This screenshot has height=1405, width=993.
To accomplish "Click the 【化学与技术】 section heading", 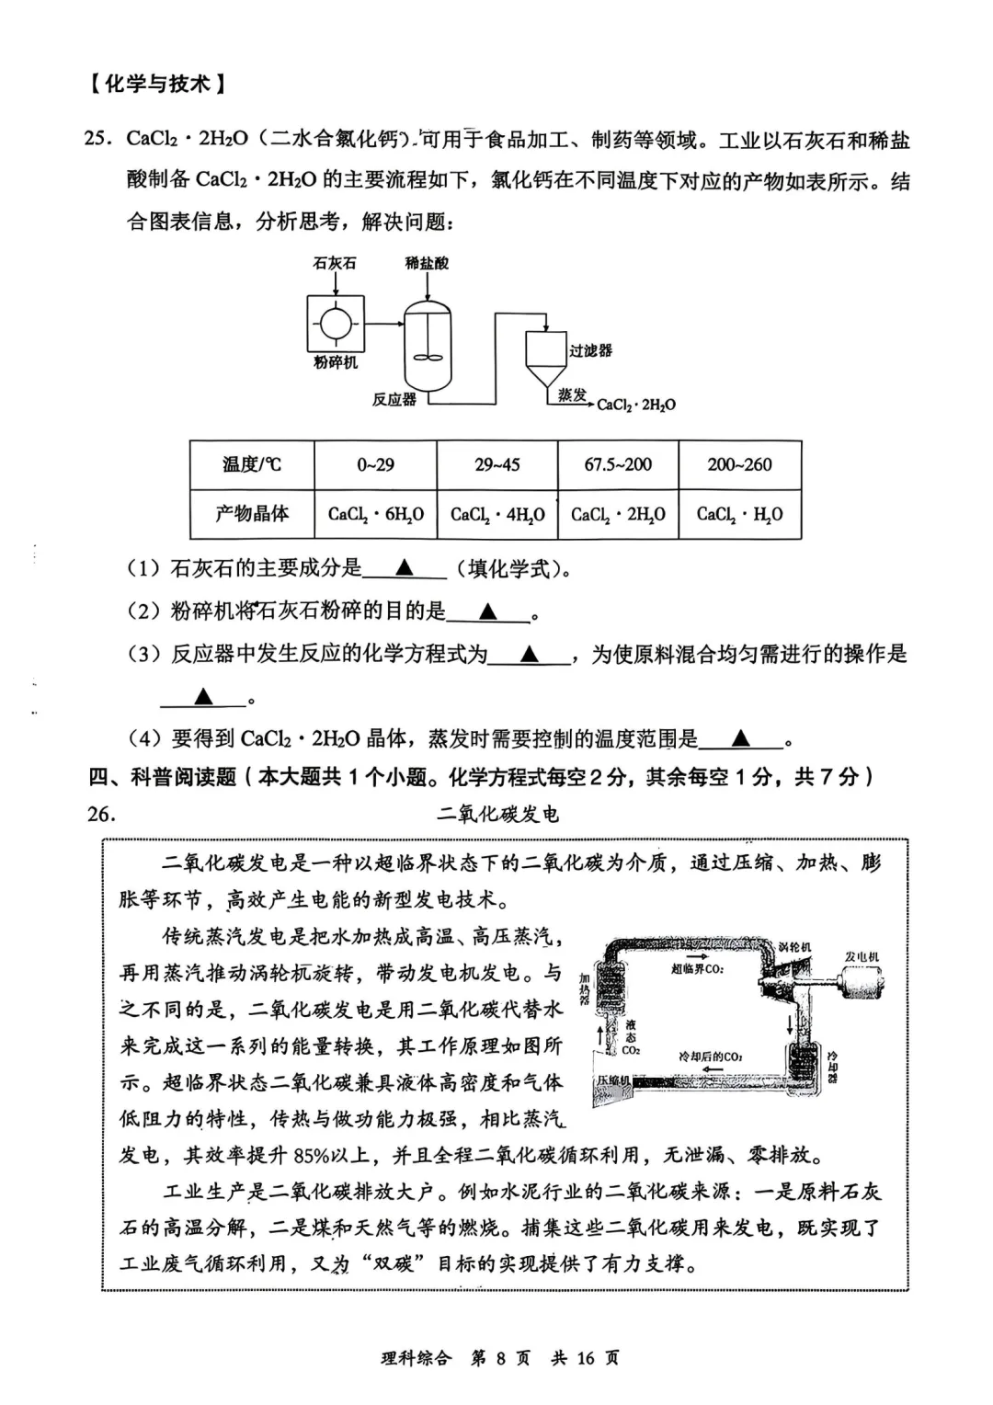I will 157,85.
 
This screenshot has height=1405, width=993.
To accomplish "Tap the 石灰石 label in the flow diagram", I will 335,263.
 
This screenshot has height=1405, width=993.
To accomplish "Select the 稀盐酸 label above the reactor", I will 428,263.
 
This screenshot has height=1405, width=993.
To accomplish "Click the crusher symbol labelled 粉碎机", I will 335,324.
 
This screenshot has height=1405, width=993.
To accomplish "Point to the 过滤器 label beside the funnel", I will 590,350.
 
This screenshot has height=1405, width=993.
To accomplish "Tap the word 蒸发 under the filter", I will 571,394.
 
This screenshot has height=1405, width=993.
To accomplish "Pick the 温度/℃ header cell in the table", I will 252,464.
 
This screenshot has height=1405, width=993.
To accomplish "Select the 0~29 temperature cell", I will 375,464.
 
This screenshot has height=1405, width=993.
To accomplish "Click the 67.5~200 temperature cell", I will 618,464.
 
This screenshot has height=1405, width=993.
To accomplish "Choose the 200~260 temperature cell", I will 739,464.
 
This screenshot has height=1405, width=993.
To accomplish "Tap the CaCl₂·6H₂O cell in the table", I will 375,515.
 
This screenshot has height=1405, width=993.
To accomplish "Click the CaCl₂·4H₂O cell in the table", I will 497,515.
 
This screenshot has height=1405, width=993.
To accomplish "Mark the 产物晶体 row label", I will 252,513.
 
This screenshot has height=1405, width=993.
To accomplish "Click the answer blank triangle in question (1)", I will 405,568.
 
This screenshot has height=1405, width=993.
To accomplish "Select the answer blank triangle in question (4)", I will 741,738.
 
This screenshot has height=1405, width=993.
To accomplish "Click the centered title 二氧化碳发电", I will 496,814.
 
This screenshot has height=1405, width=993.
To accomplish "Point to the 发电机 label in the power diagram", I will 862,957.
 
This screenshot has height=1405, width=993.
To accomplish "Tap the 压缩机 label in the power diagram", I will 613,1080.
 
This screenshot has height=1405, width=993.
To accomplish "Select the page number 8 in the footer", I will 501,1358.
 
